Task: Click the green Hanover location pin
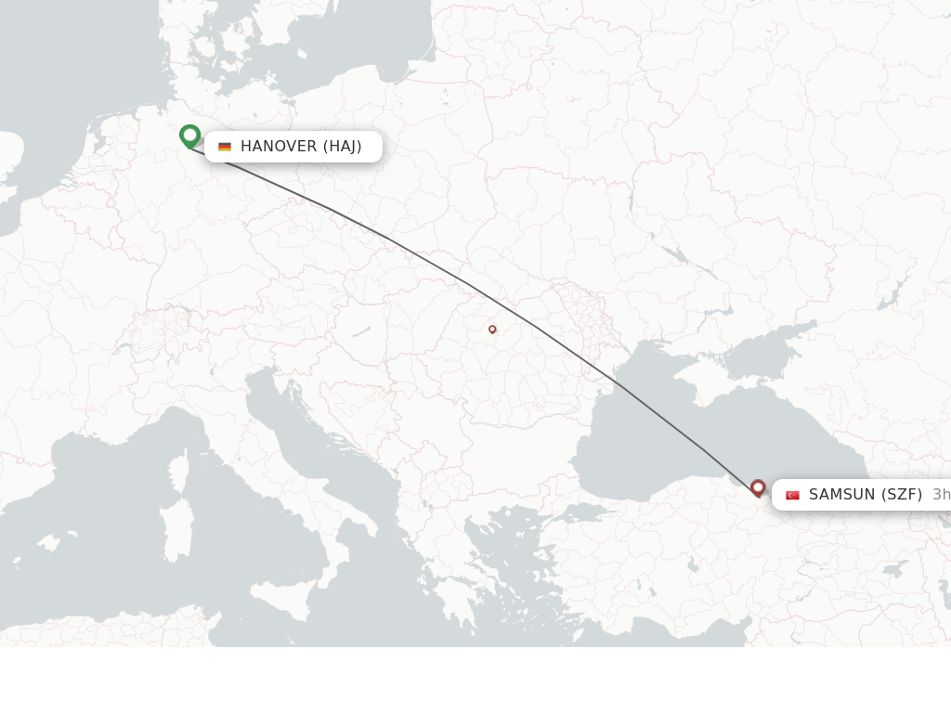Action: coord(189,136)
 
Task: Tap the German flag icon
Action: coord(225,147)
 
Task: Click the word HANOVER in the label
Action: coord(279,147)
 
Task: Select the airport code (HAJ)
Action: coord(342,147)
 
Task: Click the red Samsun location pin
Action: coord(758,487)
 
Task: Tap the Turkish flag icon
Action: coord(792,495)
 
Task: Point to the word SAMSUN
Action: coord(841,495)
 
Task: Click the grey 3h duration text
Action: coord(941,495)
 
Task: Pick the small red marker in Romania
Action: coord(492,329)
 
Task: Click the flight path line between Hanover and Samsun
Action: coord(464,283)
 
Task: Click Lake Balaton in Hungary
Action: coord(361,331)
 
